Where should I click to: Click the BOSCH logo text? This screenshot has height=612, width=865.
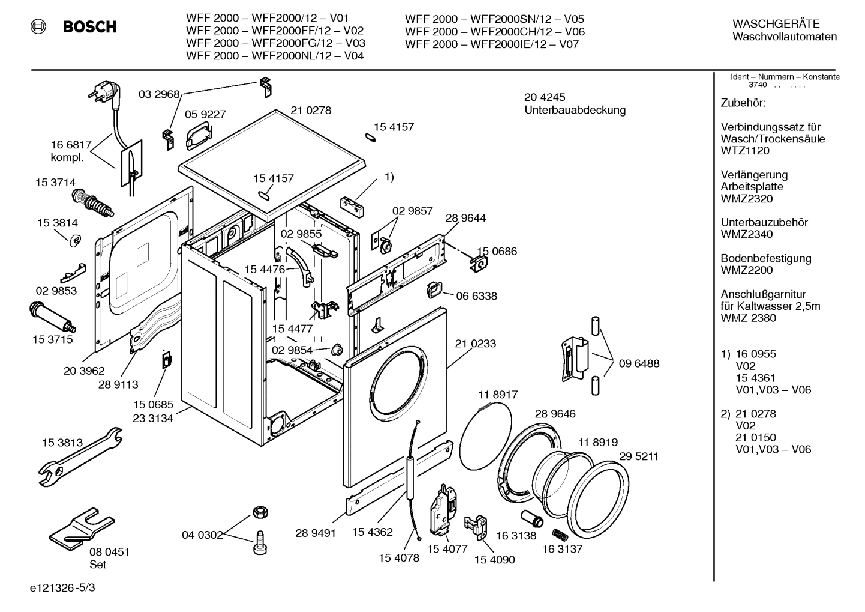point(89,27)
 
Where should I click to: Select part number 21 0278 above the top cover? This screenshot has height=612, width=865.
point(311,111)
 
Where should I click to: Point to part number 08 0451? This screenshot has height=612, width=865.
point(109,552)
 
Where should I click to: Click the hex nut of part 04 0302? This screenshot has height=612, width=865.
point(259,512)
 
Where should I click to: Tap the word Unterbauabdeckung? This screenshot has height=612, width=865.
point(575,110)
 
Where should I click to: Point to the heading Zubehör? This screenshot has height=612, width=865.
point(743,103)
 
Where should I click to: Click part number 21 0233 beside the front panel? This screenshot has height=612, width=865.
point(476,344)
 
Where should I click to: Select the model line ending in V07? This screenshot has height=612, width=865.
point(492,44)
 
